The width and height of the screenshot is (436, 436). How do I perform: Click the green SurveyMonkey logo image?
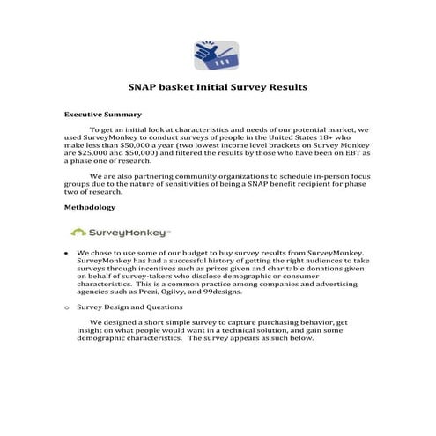tap(121, 233)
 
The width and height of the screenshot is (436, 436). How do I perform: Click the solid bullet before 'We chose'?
tap(68, 253)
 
